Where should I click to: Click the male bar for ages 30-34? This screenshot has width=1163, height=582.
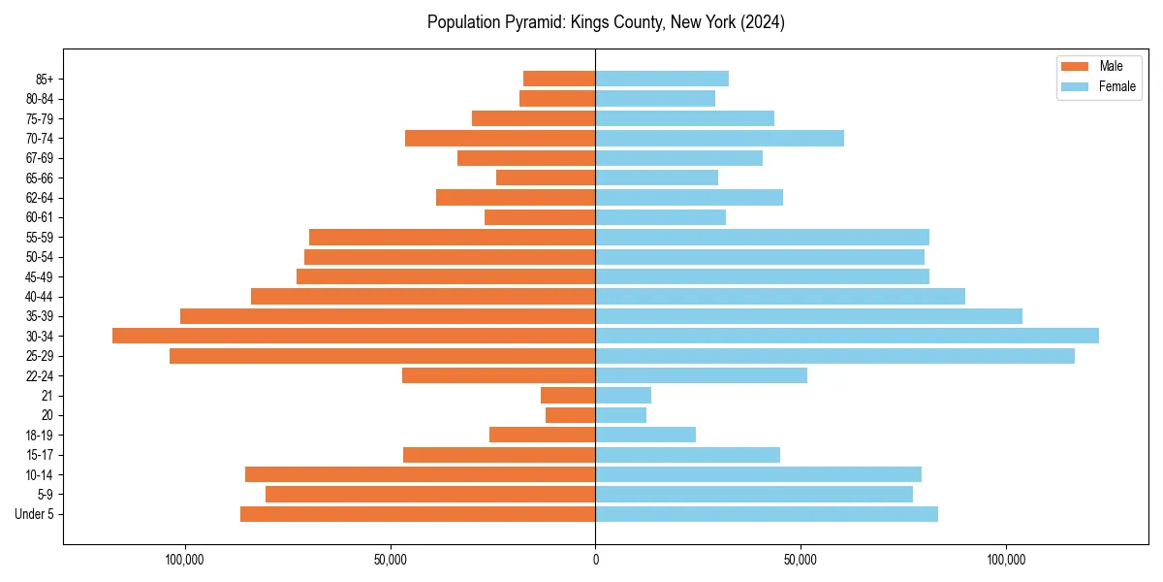point(354,336)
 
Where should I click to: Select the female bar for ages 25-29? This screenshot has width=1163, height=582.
point(834,356)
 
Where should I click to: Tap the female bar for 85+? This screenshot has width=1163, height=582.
point(662,79)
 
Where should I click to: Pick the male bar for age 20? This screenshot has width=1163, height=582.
point(570,415)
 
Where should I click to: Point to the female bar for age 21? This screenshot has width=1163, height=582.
point(623,396)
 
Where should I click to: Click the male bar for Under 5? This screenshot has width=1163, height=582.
point(418,514)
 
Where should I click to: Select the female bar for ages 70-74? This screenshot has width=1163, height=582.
point(719,138)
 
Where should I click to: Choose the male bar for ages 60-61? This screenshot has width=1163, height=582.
point(540,217)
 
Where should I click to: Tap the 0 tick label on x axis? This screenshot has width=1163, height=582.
point(595,560)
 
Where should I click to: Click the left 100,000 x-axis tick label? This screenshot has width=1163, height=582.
point(184,560)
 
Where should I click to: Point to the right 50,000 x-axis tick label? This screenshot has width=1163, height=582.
point(801,560)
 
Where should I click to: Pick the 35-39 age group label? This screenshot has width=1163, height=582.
point(39,316)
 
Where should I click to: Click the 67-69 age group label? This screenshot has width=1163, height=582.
point(39,158)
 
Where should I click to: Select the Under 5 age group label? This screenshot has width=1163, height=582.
point(35,514)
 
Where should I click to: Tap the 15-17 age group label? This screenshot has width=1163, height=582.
point(39,455)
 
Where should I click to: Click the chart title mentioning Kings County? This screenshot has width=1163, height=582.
point(606,22)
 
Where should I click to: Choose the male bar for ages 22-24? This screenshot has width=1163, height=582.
point(498,375)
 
